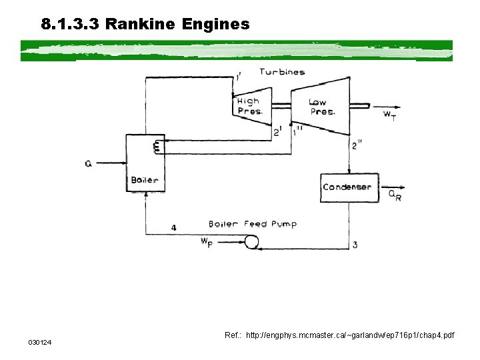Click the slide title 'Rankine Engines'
point(145,25)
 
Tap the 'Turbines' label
point(282,72)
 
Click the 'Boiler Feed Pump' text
point(252,224)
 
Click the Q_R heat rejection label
point(395,195)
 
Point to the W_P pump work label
point(207,242)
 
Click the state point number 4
point(174,227)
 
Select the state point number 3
point(355,245)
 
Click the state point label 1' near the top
point(238,77)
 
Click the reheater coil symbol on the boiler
point(157,146)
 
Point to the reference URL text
point(339,335)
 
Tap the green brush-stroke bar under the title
point(237,50)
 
